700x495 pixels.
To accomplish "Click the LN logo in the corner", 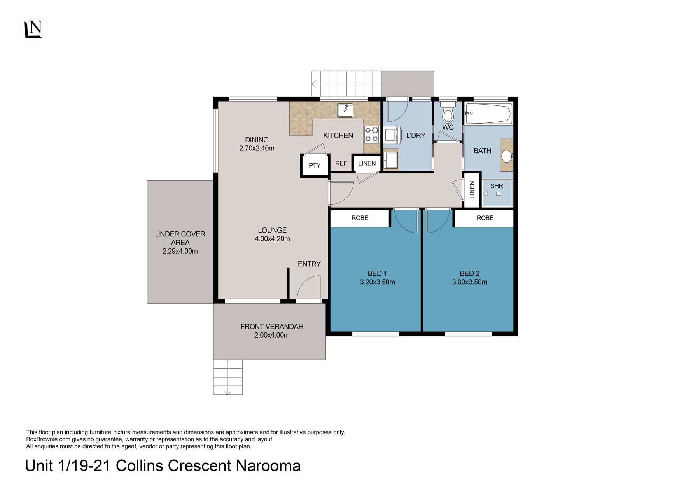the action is pyautogui.click(x=33, y=30).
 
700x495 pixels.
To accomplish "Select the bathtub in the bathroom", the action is pyautogui.click(x=488, y=113).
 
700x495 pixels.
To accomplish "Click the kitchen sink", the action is pyautogui.click(x=345, y=110).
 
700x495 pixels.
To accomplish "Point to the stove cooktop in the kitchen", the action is pyautogui.click(x=372, y=135).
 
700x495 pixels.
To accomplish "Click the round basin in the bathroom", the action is pyautogui.click(x=507, y=156).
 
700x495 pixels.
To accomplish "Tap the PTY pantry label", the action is pyautogui.click(x=315, y=165).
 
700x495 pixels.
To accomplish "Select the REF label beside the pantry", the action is pyautogui.click(x=341, y=163).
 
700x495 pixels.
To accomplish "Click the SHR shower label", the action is pyautogui.click(x=497, y=186).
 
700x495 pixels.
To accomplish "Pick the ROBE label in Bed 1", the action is pyautogui.click(x=360, y=218).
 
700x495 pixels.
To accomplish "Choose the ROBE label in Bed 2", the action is pyautogui.click(x=485, y=218).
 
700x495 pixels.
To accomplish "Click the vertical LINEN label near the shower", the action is pyautogui.click(x=472, y=190).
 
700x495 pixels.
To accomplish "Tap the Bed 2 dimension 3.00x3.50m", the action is pyautogui.click(x=469, y=282).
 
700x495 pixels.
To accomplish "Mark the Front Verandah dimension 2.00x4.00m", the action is pyautogui.click(x=272, y=335).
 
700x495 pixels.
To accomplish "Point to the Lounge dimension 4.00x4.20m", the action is pyautogui.click(x=272, y=239).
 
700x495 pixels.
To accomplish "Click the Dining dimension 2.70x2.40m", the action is pyautogui.click(x=257, y=148).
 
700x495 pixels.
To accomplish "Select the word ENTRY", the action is pyautogui.click(x=309, y=264).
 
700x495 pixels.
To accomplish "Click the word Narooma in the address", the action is pyautogui.click(x=268, y=466).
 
